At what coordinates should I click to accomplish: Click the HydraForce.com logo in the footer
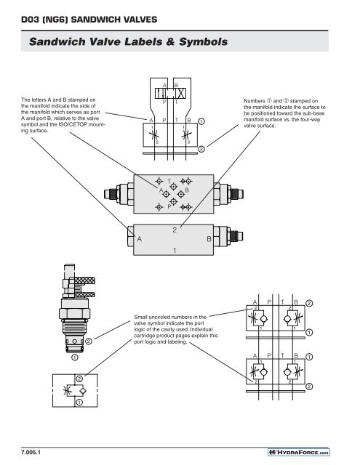click(x=299, y=452)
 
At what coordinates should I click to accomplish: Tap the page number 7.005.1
click(x=31, y=452)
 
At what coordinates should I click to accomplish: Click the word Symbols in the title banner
click(x=204, y=42)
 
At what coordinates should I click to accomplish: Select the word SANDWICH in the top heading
click(x=93, y=20)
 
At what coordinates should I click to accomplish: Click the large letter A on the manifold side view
click(x=139, y=239)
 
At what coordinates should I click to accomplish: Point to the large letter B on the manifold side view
click(x=209, y=239)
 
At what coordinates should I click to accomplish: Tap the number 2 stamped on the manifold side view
click(x=175, y=230)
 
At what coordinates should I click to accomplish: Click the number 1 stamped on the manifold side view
click(x=175, y=251)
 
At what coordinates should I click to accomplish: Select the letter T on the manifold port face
click(x=169, y=181)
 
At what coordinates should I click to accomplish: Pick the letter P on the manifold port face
click(x=169, y=206)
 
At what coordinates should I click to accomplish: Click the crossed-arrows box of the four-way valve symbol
click(x=181, y=94)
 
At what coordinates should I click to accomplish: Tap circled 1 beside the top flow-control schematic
click(x=201, y=121)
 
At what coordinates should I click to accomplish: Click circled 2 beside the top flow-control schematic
click(x=201, y=149)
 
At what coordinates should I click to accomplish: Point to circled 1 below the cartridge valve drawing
click(x=74, y=357)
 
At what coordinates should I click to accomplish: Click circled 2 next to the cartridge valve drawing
click(x=89, y=341)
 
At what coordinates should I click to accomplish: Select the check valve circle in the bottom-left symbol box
click(x=83, y=391)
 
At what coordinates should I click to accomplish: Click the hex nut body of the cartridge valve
click(x=74, y=314)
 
